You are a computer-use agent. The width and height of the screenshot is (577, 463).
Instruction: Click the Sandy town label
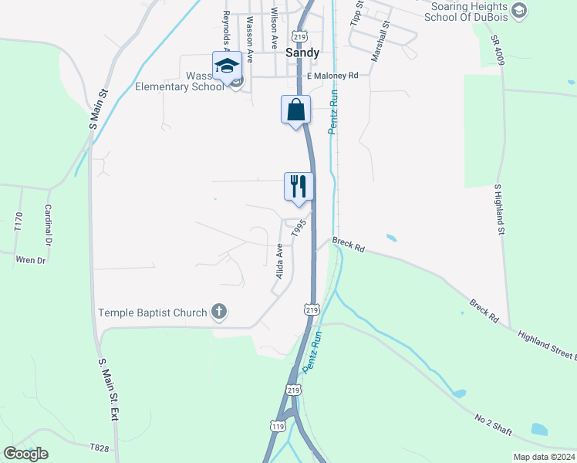point(302,53)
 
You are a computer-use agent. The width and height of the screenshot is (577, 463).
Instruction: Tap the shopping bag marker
point(295,110)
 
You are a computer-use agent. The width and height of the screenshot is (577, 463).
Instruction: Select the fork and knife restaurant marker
point(299,187)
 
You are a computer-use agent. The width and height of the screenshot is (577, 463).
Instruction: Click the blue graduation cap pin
point(227,66)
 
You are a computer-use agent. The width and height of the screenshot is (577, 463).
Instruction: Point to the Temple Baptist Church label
point(153,313)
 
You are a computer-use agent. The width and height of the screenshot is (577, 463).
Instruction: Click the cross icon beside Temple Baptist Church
point(220,313)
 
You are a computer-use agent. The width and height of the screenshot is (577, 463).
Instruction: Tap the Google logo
point(25,454)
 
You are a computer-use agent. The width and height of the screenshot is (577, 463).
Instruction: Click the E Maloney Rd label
point(332,76)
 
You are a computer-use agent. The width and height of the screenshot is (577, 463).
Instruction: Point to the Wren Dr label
point(31,260)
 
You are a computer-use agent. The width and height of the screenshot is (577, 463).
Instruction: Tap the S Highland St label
point(498,209)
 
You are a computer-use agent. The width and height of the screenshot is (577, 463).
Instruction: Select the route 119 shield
point(278,426)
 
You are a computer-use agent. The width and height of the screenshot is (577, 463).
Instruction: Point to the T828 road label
point(100,447)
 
